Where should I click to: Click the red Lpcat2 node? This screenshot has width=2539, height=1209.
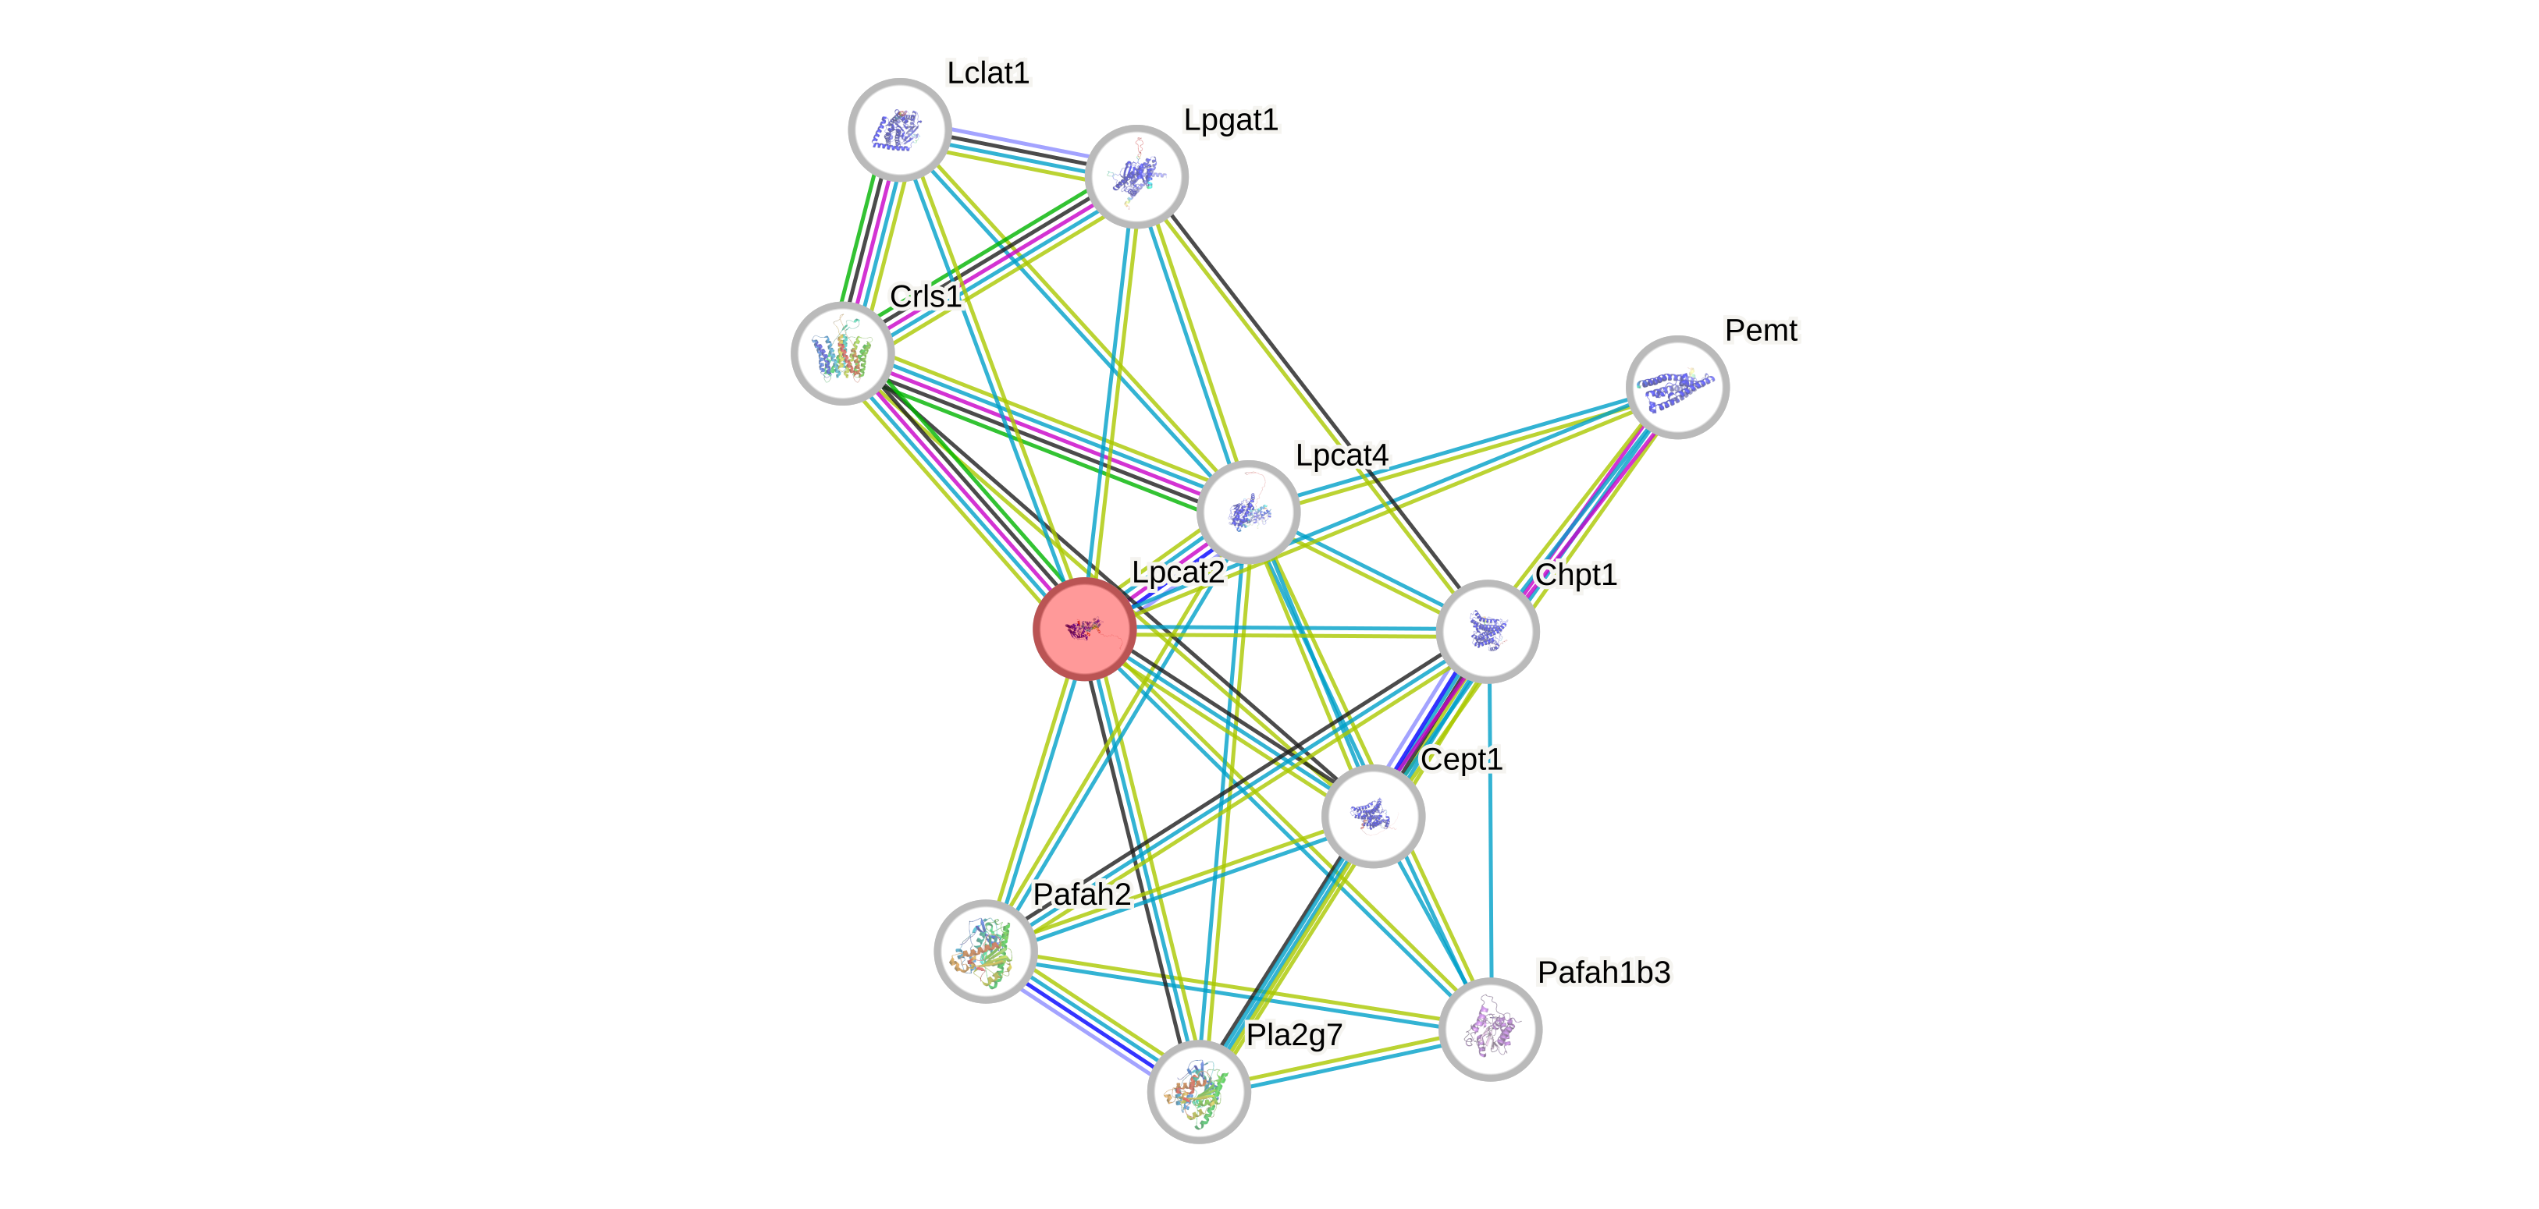pyautogui.click(x=1084, y=629)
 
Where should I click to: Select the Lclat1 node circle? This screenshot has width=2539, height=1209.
pyautogui.click(x=899, y=129)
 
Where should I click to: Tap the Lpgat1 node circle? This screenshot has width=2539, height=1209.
pyautogui.click(x=1136, y=176)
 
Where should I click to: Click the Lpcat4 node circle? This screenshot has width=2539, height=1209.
pyautogui.click(x=1249, y=512)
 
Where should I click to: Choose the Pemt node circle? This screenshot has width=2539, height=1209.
pyautogui.click(x=1677, y=387)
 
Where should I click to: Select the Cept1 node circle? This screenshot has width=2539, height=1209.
pyautogui.click(x=1373, y=816)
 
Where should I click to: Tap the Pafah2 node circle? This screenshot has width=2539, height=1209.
pyautogui.click(x=986, y=951)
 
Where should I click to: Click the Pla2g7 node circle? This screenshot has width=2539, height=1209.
pyautogui.click(x=1199, y=1092)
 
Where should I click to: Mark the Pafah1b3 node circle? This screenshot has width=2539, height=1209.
pyautogui.click(x=1490, y=1030)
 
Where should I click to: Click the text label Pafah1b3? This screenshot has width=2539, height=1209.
pyautogui.click(x=1604, y=973)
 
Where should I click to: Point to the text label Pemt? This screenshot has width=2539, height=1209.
pyautogui.click(x=1760, y=330)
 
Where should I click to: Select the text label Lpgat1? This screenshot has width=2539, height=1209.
pyautogui.click(x=1230, y=120)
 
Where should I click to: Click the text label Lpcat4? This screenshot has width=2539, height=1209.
pyautogui.click(x=1342, y=456)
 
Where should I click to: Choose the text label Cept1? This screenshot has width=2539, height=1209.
pyautogui.click(x=1462, y=760)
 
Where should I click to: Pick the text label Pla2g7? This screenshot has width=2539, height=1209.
pyautogui.click(x=1294, y=1034)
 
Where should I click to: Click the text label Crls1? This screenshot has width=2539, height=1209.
pyautogui.click(x=925, y=296)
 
